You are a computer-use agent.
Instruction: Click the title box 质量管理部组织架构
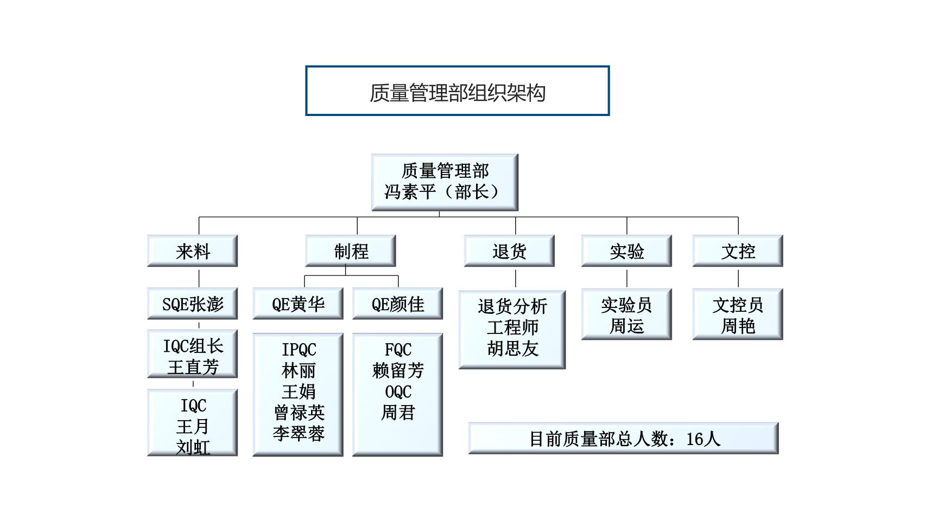click(457, 91)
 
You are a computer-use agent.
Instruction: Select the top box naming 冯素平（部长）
click(444, 182)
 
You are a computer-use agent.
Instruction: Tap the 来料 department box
click(192, 251)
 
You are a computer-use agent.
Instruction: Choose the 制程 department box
click(351, 251)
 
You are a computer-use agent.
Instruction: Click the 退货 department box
click(509, 251)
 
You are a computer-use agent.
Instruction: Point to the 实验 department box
click(626, 251)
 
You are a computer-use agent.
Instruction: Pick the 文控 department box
click(738, 251)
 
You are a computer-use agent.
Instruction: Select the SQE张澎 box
click(192, 304)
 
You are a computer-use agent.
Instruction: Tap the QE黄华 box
click(298, 304)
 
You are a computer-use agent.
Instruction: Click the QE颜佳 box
click(397, 304)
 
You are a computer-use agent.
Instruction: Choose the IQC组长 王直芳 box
click(192, 356)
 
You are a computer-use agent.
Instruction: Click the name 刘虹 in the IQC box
click(193, 447)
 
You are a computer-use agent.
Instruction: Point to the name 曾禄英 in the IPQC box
click(299, 413)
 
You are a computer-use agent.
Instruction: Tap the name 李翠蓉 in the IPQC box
click(299, 433)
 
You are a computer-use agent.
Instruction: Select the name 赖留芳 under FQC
click(398, 370)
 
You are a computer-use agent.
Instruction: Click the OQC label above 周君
click(398, 391)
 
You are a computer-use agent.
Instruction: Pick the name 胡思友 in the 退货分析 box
click(512, 348)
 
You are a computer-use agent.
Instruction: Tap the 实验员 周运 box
click(626, 315)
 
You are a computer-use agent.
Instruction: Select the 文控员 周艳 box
click(738, 315)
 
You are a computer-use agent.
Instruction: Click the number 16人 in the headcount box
click(703, 439)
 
